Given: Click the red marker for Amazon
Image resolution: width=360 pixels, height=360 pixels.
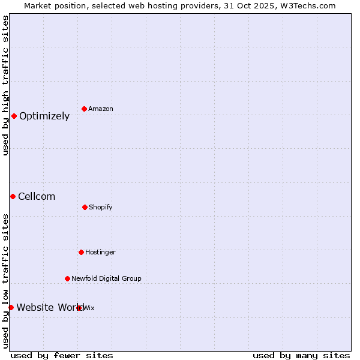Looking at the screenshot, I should tap(85, 109).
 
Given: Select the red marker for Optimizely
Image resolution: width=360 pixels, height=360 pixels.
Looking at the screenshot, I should tap(14, 116).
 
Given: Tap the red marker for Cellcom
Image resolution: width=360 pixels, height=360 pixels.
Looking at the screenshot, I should tap(13, 196).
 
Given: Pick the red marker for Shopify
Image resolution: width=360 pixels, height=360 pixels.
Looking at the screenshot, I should tap(85, 207).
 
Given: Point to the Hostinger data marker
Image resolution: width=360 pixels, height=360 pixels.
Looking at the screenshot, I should tap(81, 252).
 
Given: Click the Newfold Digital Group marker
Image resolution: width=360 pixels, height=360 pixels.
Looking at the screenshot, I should tap(67, 278).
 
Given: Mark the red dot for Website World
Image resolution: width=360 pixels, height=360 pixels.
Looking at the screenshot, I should tap(11, 307).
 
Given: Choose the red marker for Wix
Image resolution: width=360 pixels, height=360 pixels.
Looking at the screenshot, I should tap(79, 308).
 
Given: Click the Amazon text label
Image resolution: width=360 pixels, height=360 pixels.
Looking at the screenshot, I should tap(101, 109).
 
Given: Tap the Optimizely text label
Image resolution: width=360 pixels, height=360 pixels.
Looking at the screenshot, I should tap(44, 116).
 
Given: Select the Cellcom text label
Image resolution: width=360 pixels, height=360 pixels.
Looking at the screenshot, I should tap(37, 197).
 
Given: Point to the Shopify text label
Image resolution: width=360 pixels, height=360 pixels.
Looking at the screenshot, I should tap(101, 208).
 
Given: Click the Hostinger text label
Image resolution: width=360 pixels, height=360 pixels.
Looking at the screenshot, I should tap(100, 253).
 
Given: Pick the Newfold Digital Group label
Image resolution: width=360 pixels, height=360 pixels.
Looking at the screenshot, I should tap(106, 279).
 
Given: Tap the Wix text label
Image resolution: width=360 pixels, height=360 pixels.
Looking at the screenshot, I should tap(89, 308).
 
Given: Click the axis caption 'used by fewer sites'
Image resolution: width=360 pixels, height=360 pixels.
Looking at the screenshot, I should tap(62, 355).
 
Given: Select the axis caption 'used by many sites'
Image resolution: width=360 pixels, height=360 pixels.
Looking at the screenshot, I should tap(301, 355).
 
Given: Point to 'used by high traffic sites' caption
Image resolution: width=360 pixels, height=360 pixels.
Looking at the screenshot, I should tap(5, 85).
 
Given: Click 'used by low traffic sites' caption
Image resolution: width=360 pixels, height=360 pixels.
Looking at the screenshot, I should tap(5, 280).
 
